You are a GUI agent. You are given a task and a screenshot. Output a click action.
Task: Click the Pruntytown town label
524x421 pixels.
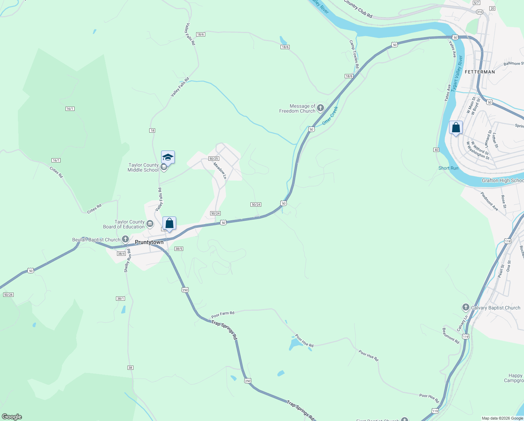[x=149, y=242]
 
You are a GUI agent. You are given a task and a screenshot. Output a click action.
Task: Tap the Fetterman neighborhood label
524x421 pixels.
[x=480, y=72]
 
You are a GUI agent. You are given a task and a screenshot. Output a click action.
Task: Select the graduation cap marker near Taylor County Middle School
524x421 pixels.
[x=168, y=158]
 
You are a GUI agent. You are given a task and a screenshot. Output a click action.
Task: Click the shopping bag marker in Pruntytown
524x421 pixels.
[x=169, y=223]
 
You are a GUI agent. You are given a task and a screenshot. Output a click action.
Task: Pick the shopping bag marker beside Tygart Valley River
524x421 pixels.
[x=456, y=128]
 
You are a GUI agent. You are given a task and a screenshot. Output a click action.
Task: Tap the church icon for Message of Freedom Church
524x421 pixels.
[x=320, y=108]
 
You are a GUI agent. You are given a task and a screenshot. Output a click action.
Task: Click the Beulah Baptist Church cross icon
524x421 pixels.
[x=125, y=240]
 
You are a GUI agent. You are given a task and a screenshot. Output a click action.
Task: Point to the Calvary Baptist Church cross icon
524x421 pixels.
[x=466, y=308]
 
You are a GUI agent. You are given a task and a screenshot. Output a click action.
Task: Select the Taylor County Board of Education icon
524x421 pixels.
[x=150, y=224]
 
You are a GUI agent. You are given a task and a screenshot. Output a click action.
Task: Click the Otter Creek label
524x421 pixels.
[x=330, y=115]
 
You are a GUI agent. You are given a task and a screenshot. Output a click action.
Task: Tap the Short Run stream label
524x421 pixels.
[x=448, y=168]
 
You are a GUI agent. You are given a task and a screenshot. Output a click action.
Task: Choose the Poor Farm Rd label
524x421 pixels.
[x=223, y=314]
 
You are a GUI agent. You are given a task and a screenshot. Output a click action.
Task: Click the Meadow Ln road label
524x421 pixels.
[x=220, y=171]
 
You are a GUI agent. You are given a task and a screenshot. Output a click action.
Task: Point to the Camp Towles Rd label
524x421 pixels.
[x=354, y=54]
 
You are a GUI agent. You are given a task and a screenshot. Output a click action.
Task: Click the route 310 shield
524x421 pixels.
[x=480, y=12]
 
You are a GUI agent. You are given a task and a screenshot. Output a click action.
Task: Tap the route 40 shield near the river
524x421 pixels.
[x=436, y=150]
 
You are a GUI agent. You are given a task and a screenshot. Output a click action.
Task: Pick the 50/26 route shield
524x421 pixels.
[x=8, y=295]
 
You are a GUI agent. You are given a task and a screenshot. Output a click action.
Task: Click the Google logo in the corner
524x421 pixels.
[x=12, y=417]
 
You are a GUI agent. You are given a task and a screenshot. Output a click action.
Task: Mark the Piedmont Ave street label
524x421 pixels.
[x=489, y=201]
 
